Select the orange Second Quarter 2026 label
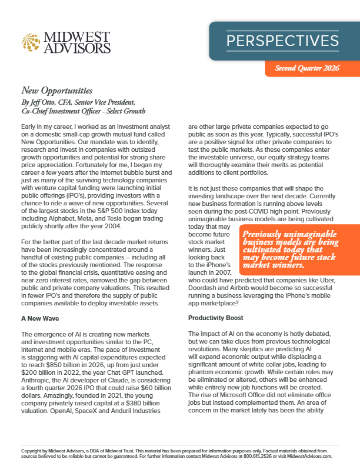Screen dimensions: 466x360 click(x=308, y=68)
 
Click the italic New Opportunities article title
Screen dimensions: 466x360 click(x=57, y=91)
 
